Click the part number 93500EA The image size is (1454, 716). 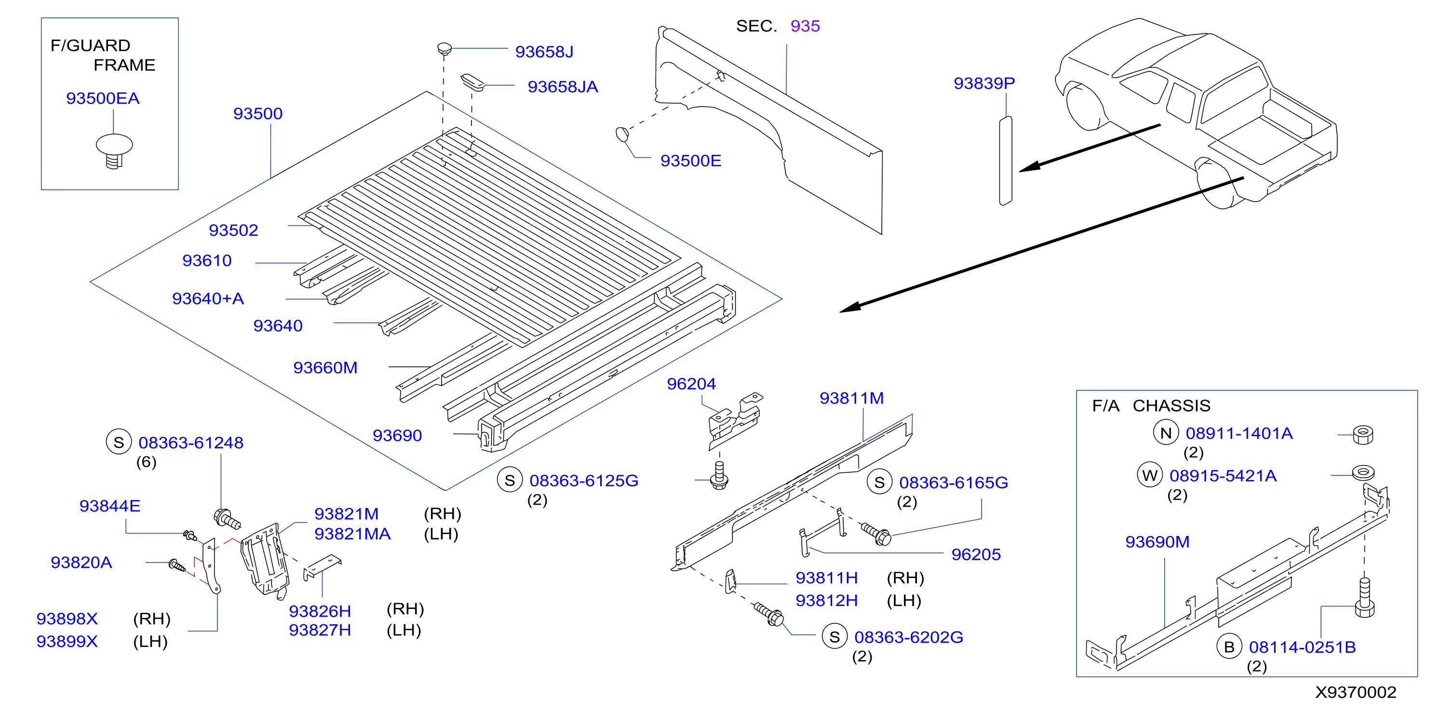click(103, 98)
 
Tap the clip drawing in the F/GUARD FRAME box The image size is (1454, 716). click(115, 151)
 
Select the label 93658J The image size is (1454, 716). click(544, 52)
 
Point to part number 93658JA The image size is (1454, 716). click(563, 87)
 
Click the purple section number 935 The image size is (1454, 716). click(805, 26)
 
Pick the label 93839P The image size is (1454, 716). click(984, 83)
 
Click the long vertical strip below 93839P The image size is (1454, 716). click(1005, 161)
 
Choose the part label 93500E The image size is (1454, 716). click(691, 161)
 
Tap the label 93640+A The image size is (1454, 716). click(208, 299)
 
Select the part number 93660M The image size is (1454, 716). click(325, 368)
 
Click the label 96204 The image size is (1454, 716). click(691, 384)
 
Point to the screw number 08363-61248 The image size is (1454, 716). click(191, 443)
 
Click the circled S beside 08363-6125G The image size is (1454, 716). click(509, 480)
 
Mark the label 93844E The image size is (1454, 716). click(109, 506)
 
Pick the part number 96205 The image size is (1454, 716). click(976, 554)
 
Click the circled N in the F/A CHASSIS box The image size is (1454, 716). click(1166, 433)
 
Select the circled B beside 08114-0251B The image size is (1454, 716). click(1229, 647)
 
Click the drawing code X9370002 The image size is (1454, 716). click(1356, 692)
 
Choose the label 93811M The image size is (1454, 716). click(851, 399)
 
